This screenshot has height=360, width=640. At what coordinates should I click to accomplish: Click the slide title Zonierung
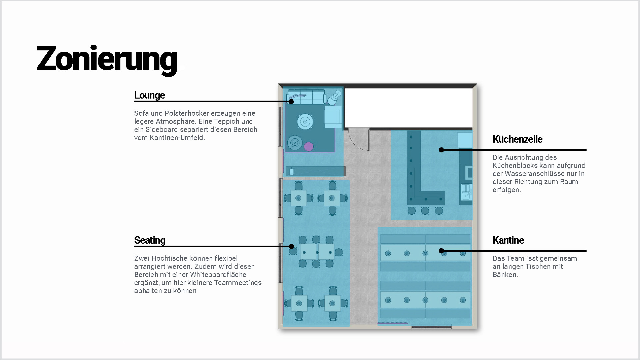(107, 60)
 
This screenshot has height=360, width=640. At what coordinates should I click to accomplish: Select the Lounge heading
(149, 95)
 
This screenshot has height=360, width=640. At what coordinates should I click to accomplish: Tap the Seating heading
(150, 240)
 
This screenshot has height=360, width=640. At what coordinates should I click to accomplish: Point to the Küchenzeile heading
(517, 139)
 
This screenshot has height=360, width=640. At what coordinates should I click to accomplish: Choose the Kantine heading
(508, 240)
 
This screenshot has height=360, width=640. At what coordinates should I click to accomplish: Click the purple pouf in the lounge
(309, 146)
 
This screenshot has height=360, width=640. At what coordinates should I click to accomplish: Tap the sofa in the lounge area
(306, 97)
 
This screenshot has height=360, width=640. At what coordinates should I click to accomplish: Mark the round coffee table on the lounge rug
(305, 122)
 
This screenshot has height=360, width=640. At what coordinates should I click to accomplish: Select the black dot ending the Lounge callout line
(291, 101)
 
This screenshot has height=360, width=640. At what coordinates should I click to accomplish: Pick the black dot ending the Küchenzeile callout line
(441, 150)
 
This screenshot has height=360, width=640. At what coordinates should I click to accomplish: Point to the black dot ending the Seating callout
(291, 247)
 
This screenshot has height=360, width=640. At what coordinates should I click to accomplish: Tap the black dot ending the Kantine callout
(441, 251)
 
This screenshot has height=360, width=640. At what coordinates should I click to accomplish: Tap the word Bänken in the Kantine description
(505, 275)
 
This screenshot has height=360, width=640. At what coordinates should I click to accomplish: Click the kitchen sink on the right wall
(466, 192)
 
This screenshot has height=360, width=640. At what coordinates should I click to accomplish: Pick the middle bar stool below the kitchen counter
(425, 211)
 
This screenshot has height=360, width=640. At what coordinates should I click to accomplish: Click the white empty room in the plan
(409, 108)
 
